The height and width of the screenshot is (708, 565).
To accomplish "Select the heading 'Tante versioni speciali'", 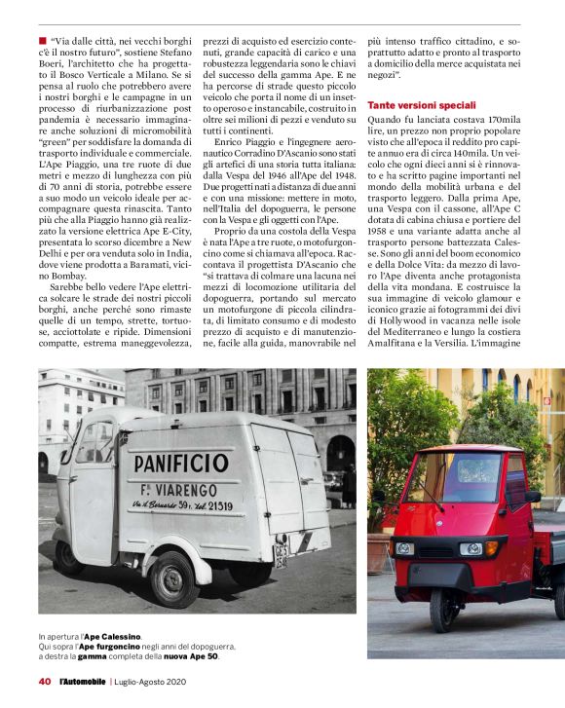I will point(422,104).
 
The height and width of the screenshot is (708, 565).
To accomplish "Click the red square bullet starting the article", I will point(43,41).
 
